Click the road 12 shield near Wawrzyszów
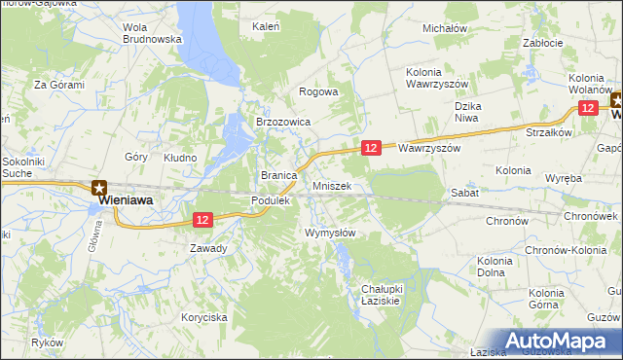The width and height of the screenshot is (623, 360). pyautogui.click(x=370, y=147)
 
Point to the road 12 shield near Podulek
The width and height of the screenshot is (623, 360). pyautogui.click(x=202, y=221)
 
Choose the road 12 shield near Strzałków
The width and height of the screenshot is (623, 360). pyautogui.click(x=588, y=109)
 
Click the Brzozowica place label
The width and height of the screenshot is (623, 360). pyautogui.click(x=282, y=122)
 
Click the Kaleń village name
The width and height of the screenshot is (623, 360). pyautogui.click(x=266, y=25)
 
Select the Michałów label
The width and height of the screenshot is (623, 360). pyautogui.click(x=445, y=28)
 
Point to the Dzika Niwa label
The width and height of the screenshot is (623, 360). pyautogui.click(x=469, y=111)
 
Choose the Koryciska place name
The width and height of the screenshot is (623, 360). pyautogui.click(x=203, y=317)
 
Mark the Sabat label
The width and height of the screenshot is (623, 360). pyautogui.click(x=461, y=194)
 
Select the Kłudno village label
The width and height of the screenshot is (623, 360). pyautogui.click(x=180, y=157)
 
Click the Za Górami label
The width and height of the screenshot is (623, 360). pyautogui.click(x=59, y=85)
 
